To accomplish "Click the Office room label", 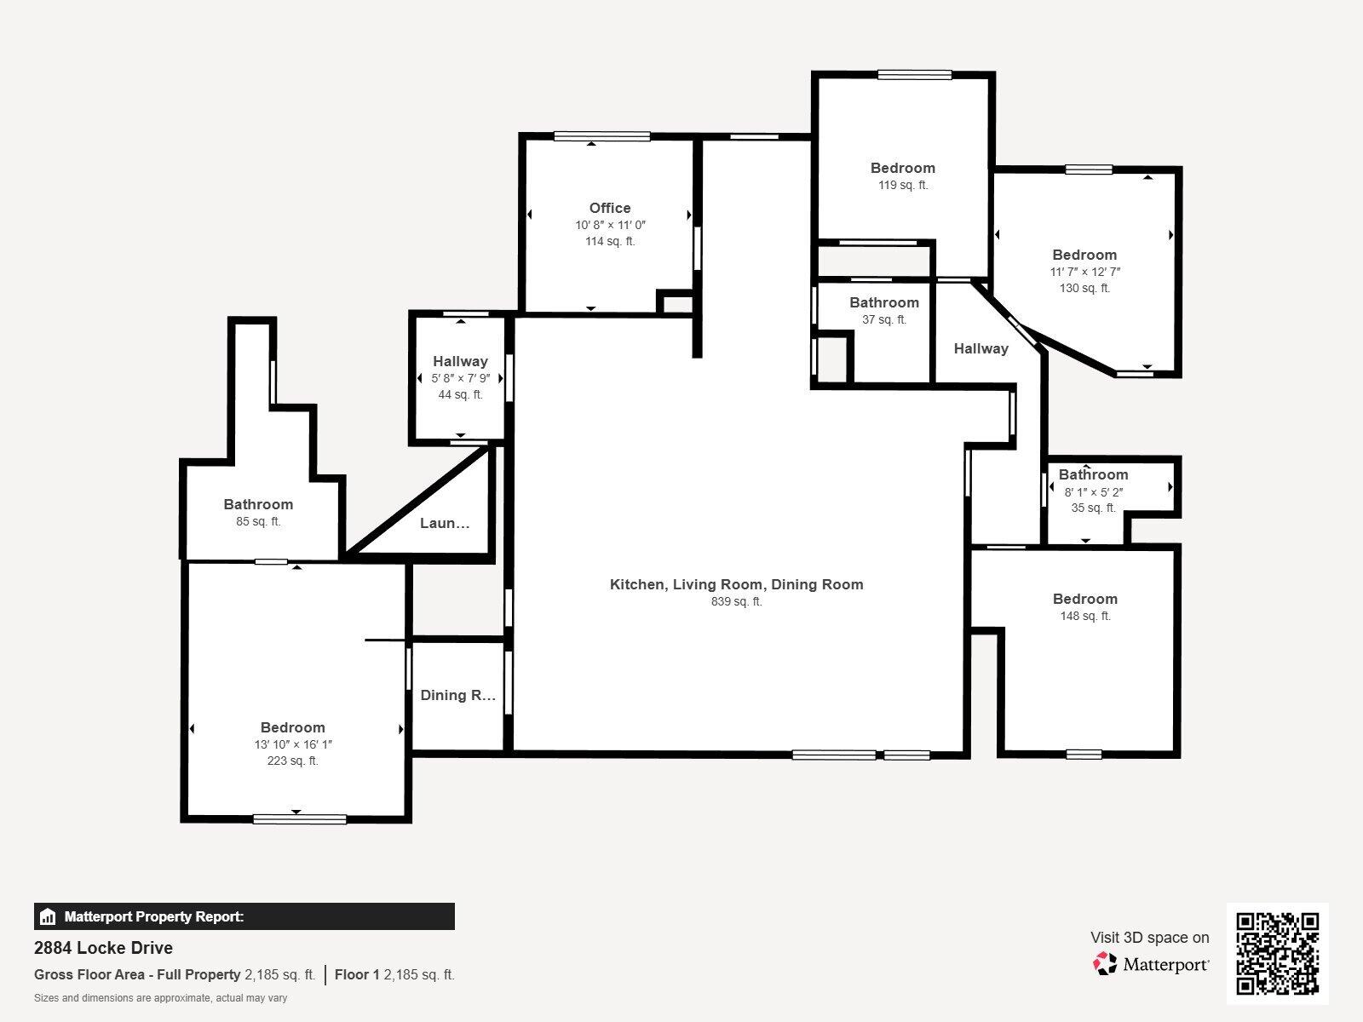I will (x=610, y=208).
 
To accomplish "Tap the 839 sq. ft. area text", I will (x=736, y=601).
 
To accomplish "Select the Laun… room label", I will (x=444, y=523).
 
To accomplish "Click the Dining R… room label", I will (x=457, y=695).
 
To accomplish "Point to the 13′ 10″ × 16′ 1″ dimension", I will (x=292, y=744).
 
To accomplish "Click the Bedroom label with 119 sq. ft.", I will (x=902, y=168).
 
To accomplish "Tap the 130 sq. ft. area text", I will (x=1084, y=288).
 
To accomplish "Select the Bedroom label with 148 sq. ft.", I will (x=1084, y=599).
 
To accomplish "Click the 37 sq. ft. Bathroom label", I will (x=883, y=302).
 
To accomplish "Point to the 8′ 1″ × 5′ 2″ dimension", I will (x=1093, y=491).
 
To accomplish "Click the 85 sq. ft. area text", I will (x=258, y=521).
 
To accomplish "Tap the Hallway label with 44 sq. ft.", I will (x=460, y=361).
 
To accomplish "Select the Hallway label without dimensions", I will (x=981, y=348).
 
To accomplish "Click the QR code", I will (x=1277, y=953).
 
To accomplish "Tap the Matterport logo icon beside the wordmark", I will (x=1105, y=964).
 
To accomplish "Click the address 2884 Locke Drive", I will (x=103, y=948).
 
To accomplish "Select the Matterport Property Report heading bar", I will (x=244, y=916).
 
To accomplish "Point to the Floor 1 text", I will (x=356, y=974).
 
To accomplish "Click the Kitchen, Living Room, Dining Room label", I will (x=736, y=584).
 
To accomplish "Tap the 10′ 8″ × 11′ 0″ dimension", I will (x=610, y=225).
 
